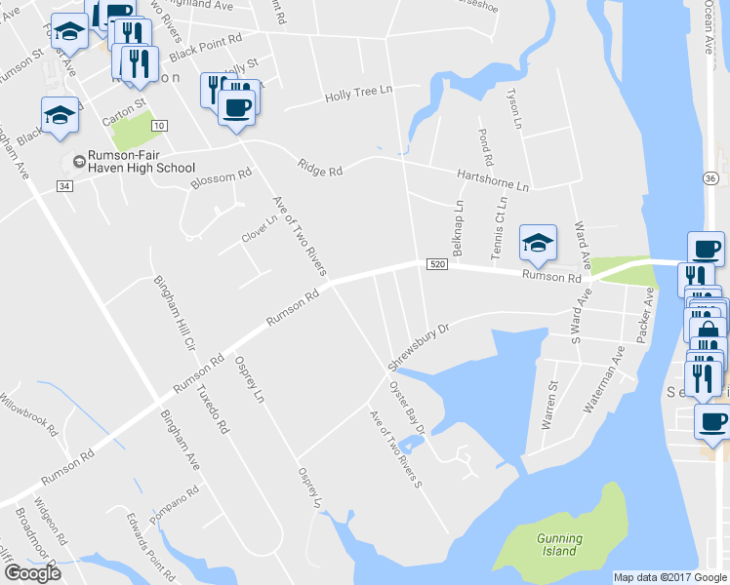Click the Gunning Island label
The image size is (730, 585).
[559, 544]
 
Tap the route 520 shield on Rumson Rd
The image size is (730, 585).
[436, 264]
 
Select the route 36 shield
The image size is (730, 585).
[710, 177]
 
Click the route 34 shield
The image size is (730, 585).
[64, 185]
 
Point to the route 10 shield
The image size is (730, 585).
[159, 125]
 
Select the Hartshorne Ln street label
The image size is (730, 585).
[493, 179]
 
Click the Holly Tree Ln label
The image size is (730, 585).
[357, 95]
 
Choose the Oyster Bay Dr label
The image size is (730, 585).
[407, 408]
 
